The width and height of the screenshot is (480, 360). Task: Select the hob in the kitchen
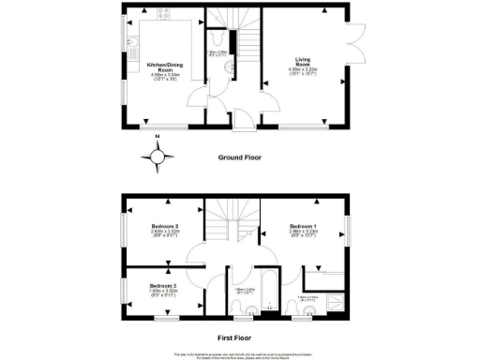pos(168,18)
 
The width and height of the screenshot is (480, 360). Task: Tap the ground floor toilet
pos(215,40)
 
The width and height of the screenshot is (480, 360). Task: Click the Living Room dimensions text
pos(303,73)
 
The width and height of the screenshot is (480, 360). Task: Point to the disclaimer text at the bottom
pos(240,354)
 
